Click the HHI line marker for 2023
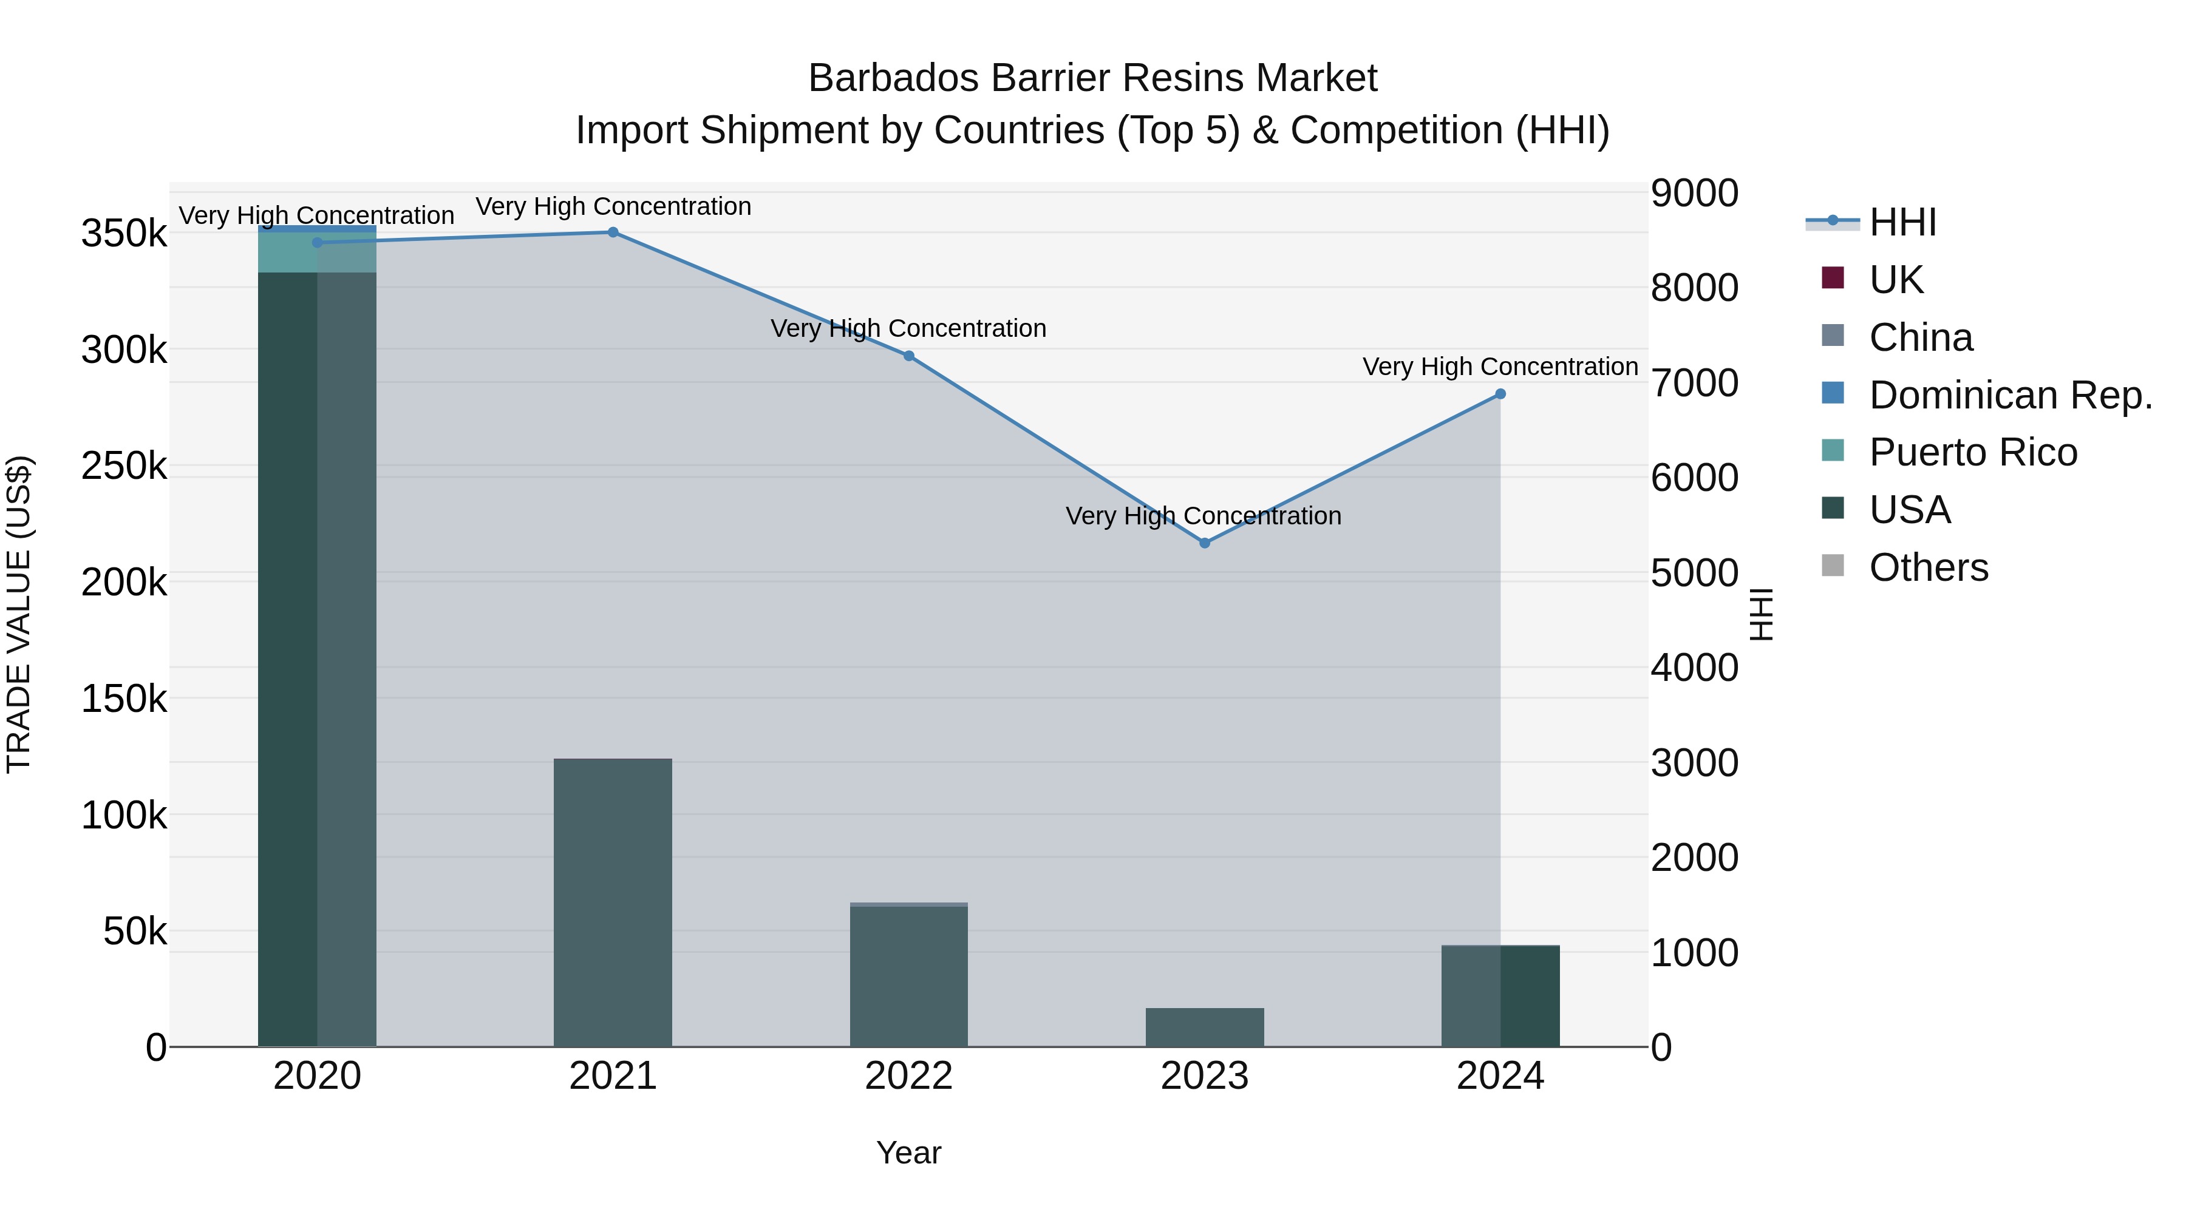(1204, 543)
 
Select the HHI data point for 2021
(613, 232)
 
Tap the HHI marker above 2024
(1500, 394)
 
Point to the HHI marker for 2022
(909, 356)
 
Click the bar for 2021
(613, 902)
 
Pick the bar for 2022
(909, 975)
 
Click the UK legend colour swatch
(1833, 278)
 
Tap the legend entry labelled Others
(1928, 567)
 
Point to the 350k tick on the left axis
(124, 234)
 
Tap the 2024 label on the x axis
(1500, 1076)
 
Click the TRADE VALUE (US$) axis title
(19, 614)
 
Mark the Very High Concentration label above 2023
(1204, 516)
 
